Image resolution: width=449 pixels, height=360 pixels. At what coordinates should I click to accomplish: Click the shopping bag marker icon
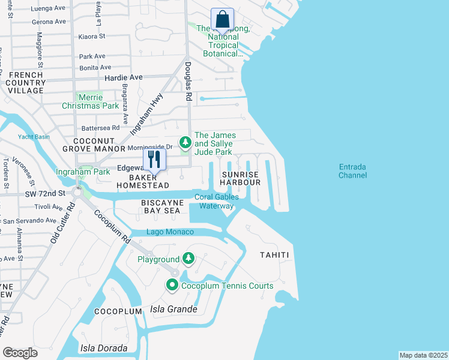[223, 20]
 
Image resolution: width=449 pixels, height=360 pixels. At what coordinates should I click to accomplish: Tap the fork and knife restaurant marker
[154, 160]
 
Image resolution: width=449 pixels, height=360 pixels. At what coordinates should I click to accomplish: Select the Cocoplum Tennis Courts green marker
[172, 286]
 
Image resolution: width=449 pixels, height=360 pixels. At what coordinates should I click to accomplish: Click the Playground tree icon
[189, 259]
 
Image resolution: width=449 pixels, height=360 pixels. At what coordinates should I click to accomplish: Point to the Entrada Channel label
[352, 171]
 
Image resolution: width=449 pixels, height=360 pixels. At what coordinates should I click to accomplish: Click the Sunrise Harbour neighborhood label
[241, 178]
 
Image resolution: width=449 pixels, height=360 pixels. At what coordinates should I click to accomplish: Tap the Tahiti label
[275, 255]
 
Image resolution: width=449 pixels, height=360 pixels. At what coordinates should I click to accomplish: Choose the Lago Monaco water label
[170, 232]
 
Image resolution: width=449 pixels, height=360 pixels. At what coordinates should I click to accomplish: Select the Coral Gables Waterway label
[217, 202]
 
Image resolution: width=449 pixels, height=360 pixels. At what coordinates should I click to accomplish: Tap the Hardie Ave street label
[124, 77]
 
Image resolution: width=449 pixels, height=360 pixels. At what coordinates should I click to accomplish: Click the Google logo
[21, 353]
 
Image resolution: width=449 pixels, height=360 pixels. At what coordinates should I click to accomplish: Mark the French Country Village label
[26, 83]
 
